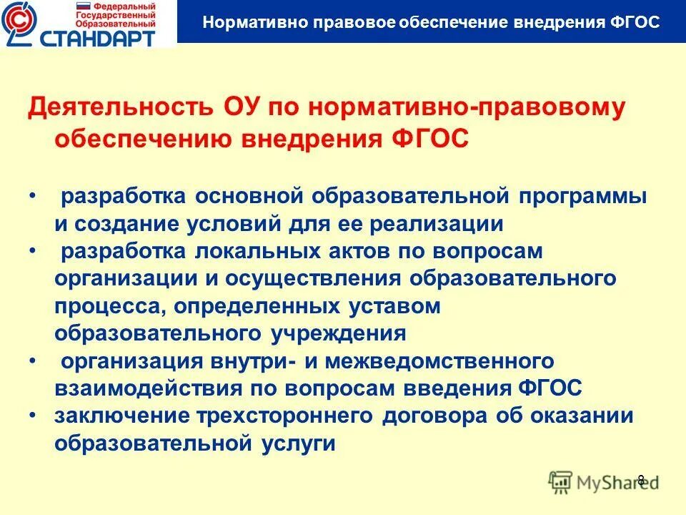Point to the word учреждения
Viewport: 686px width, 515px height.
click(339, 333)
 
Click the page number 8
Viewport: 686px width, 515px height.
click(641, 480)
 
